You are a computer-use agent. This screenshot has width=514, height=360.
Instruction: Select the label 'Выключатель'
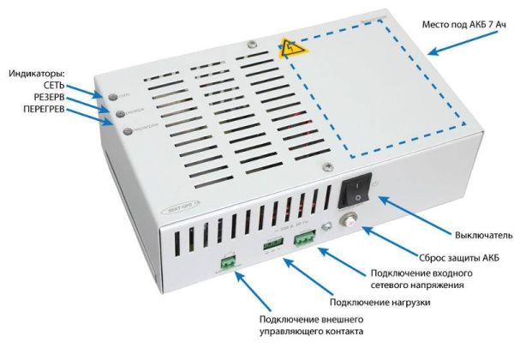(x=468, y=234)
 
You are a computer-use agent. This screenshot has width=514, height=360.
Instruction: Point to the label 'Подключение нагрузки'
(x=380, y=303)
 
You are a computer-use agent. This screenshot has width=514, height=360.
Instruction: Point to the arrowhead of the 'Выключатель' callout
(x=378, y=199)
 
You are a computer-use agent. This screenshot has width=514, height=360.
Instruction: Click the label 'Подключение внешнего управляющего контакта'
(x=311, y=325)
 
